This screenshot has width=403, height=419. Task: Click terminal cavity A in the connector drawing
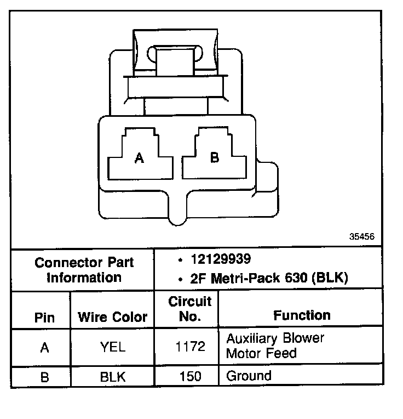tap(139, 158)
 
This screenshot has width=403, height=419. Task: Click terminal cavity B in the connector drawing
tap(214, 157)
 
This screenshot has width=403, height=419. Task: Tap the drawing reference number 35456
tap(361, 237)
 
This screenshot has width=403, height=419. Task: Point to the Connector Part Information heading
tap(84, 269)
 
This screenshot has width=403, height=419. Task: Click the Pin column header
tap(44, 316)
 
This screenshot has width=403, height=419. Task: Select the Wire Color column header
tap(113, 316)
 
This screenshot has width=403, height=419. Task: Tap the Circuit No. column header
tap(189, 309)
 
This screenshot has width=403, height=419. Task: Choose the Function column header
tap(302, 315)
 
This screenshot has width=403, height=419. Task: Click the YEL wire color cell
tap(113, 347)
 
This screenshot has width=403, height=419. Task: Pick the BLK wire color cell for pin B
tap(113, 377)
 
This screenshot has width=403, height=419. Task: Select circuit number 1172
tap(189, 347)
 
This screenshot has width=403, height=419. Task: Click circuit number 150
tap(189, 377)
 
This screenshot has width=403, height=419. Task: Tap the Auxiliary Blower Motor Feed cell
tap(275, 346)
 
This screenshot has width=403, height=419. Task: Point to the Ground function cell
tap(249, 376)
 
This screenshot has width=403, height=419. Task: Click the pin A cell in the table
tap(44, 347)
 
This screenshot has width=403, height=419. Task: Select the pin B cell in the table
tap(44, 377)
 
